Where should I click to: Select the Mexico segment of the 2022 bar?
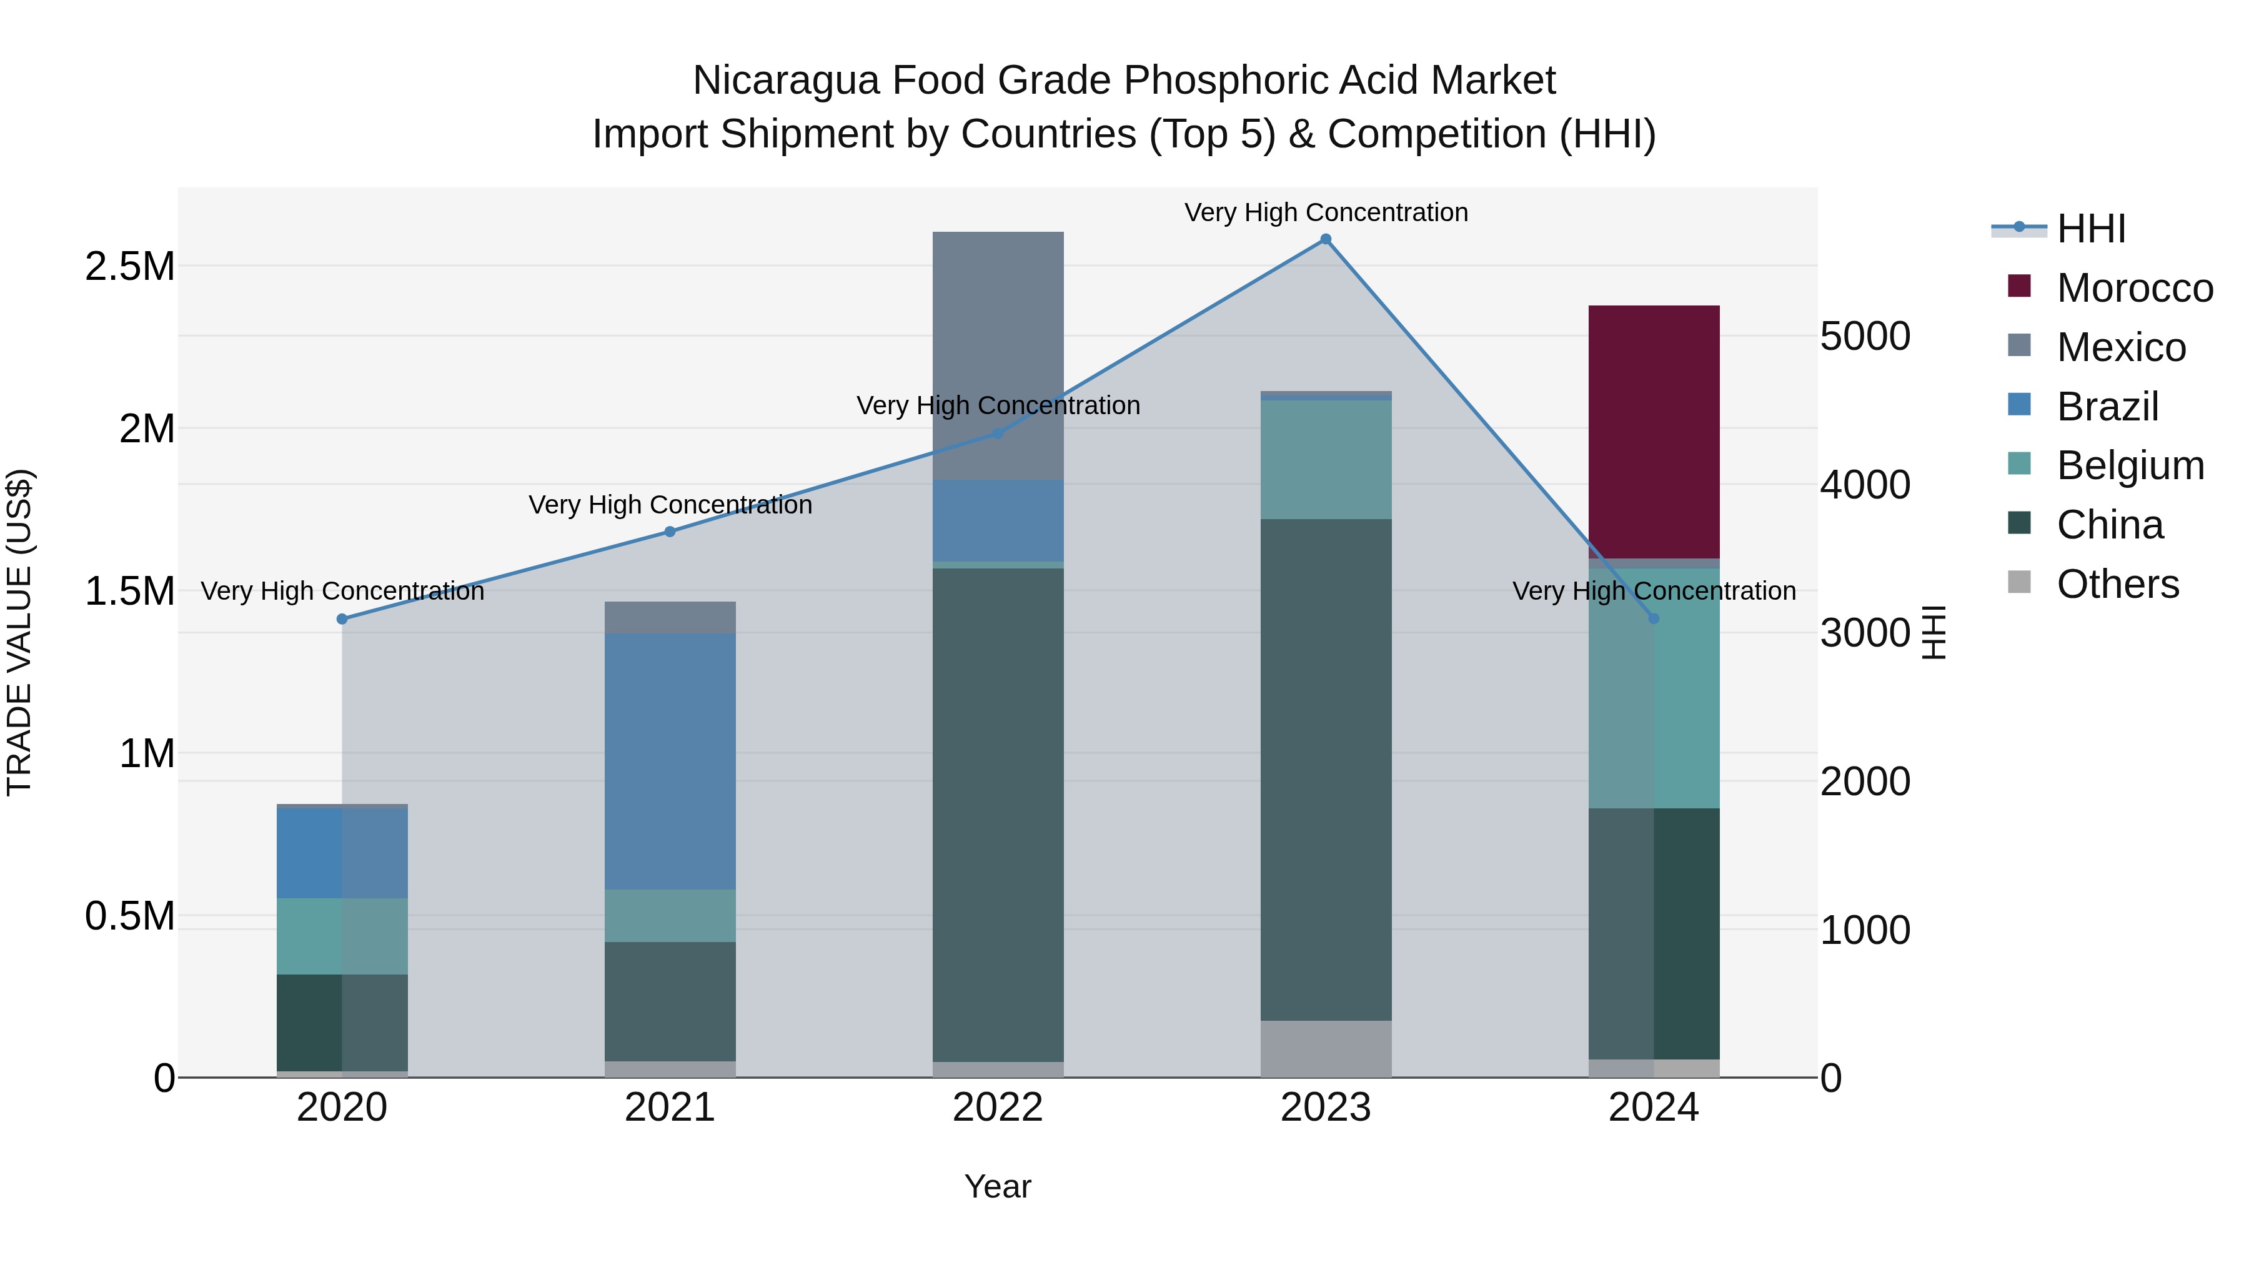point(998,354)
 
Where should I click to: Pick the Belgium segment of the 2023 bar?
point(1325,459)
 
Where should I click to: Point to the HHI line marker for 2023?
point(1325,239)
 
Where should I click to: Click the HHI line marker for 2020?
point(342,619)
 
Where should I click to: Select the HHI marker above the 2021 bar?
point(670,532)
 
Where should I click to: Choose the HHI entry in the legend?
point(2090,229)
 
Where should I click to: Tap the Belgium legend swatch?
point(2018,464)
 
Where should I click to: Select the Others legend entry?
point(2117,584)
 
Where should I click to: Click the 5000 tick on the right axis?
point(1865,336)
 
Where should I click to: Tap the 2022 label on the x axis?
point(998,1107)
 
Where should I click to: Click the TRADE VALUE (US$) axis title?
point(19,632)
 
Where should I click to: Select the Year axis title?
point(998,1186)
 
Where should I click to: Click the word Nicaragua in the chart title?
point(786,81)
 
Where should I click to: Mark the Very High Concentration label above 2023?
point(1325,212)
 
